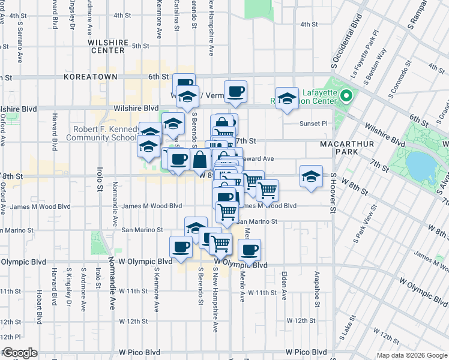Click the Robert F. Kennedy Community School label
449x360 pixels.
[106, 133]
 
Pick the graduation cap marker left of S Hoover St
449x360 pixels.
[311, 176]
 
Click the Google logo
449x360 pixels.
[19, 353]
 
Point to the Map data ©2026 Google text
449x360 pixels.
[411, 355]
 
